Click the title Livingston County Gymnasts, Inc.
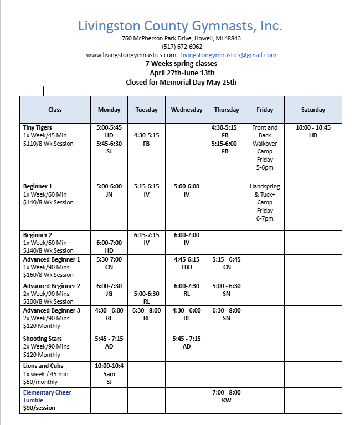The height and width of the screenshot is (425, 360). (x=180, y=25)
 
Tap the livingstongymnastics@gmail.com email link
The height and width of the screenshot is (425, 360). (x=228, y=55)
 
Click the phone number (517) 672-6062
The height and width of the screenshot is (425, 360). (x=182, y=47)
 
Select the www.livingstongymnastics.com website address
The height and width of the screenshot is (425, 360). (x=131, y=55)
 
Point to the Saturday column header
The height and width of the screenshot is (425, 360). (x=313, y=110)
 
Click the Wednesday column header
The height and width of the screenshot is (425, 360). (x=187, y=110)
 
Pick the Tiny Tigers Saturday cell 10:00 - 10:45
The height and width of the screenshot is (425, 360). (x=313, y=131)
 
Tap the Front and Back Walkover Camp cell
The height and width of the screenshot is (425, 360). (x=265, y=147)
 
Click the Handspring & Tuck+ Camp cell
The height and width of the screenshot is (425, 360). (x=265, y=202)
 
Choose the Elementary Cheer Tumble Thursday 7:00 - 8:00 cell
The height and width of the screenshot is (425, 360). (x=227, y=396)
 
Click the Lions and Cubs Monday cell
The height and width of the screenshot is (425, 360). (x=109, y=373)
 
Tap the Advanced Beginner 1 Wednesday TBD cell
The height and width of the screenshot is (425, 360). (x=187, y=263)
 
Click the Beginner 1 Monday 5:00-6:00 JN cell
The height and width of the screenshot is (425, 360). (x=109, y=190)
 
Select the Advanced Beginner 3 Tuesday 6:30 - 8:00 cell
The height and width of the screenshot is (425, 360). (x=146, y=314)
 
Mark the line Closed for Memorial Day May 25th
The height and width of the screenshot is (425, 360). (x=181, y=82)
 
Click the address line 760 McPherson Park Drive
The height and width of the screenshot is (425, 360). (x=181, y=38)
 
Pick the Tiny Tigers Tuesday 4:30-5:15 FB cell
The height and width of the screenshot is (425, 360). (x=146, y=139)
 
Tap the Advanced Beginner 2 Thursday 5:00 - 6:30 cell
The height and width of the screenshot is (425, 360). (x=227, y=290)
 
